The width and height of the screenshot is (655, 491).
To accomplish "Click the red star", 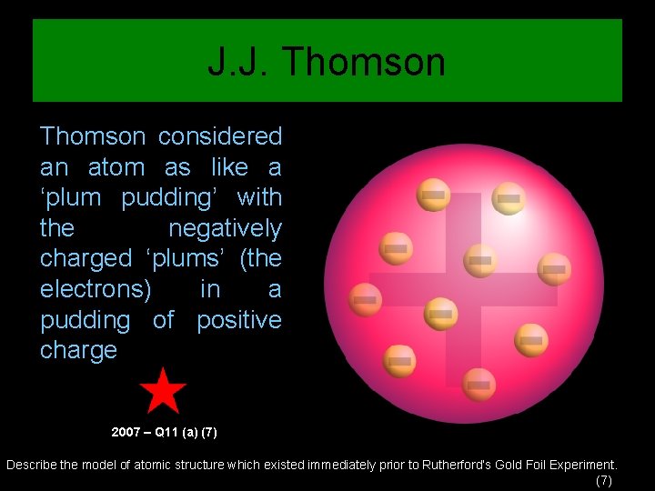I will coord(163,391).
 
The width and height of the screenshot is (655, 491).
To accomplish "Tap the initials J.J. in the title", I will coord(238,63).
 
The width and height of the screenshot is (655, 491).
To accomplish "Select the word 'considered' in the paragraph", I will coord(220,136).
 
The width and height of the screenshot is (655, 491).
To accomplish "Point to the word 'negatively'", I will coord(226,228).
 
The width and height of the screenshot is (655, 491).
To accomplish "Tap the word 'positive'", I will coord(239,320).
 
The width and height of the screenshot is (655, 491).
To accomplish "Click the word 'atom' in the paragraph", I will coord(116,167).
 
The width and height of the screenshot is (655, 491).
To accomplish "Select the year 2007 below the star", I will coord(126,430).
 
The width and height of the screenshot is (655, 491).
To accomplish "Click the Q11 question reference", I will coord(168,430).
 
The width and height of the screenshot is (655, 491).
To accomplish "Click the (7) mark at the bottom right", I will coord(603,480).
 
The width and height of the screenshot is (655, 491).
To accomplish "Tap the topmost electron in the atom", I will coord(433,194).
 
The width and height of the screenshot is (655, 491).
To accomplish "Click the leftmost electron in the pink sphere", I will coord(365,299).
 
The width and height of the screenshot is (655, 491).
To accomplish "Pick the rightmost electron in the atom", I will coord(554,268).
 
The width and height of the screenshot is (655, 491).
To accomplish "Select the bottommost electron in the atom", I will coord(479,385).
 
